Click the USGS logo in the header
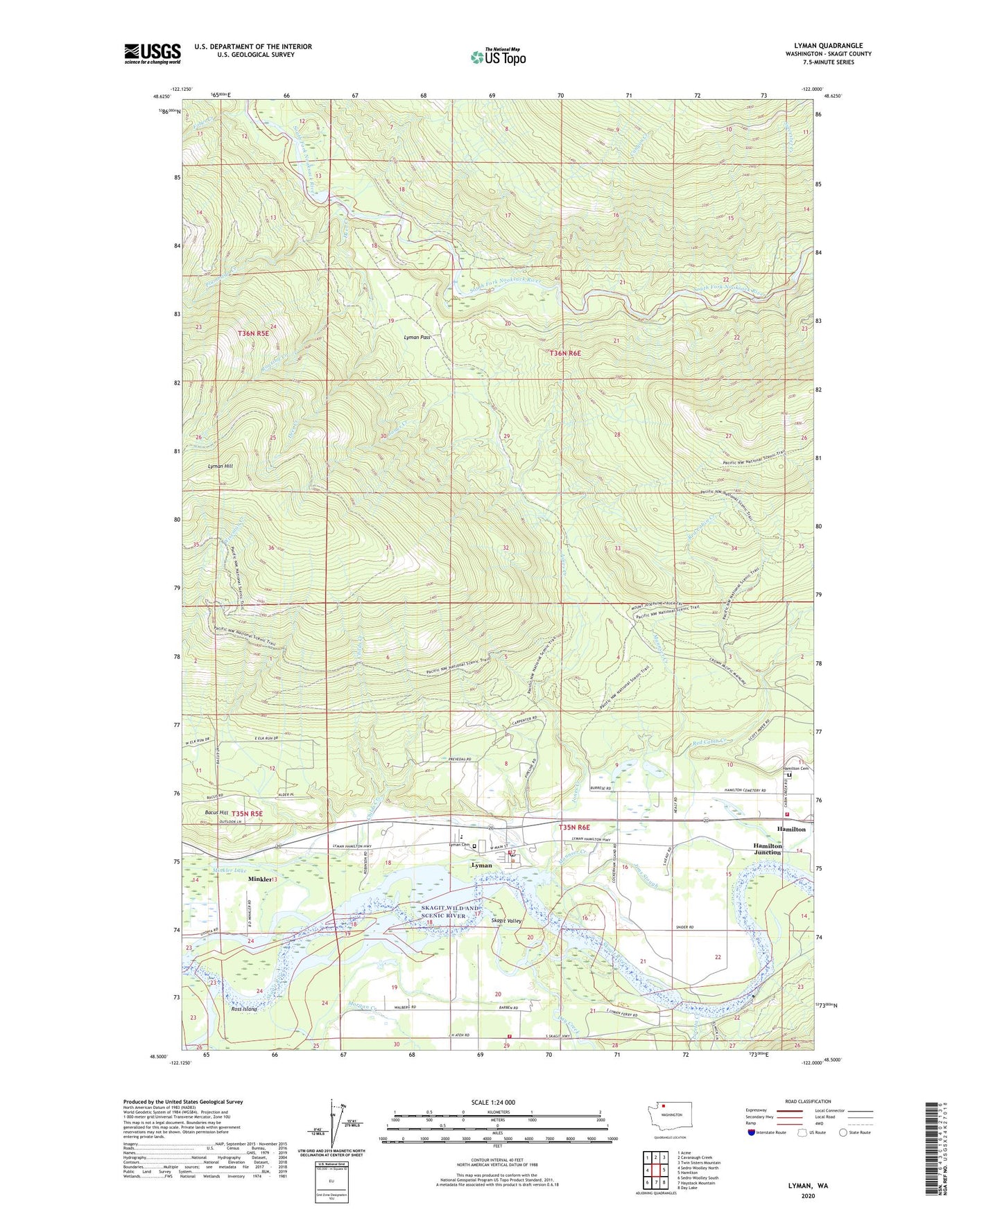153,53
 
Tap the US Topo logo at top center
498,57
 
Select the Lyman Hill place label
221,466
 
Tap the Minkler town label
259,879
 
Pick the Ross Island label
243,1009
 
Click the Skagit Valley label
506,920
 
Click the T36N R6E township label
565,353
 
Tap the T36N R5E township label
252,333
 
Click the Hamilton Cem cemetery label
795,769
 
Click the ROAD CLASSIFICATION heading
808,1101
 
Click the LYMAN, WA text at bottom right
808,1186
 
